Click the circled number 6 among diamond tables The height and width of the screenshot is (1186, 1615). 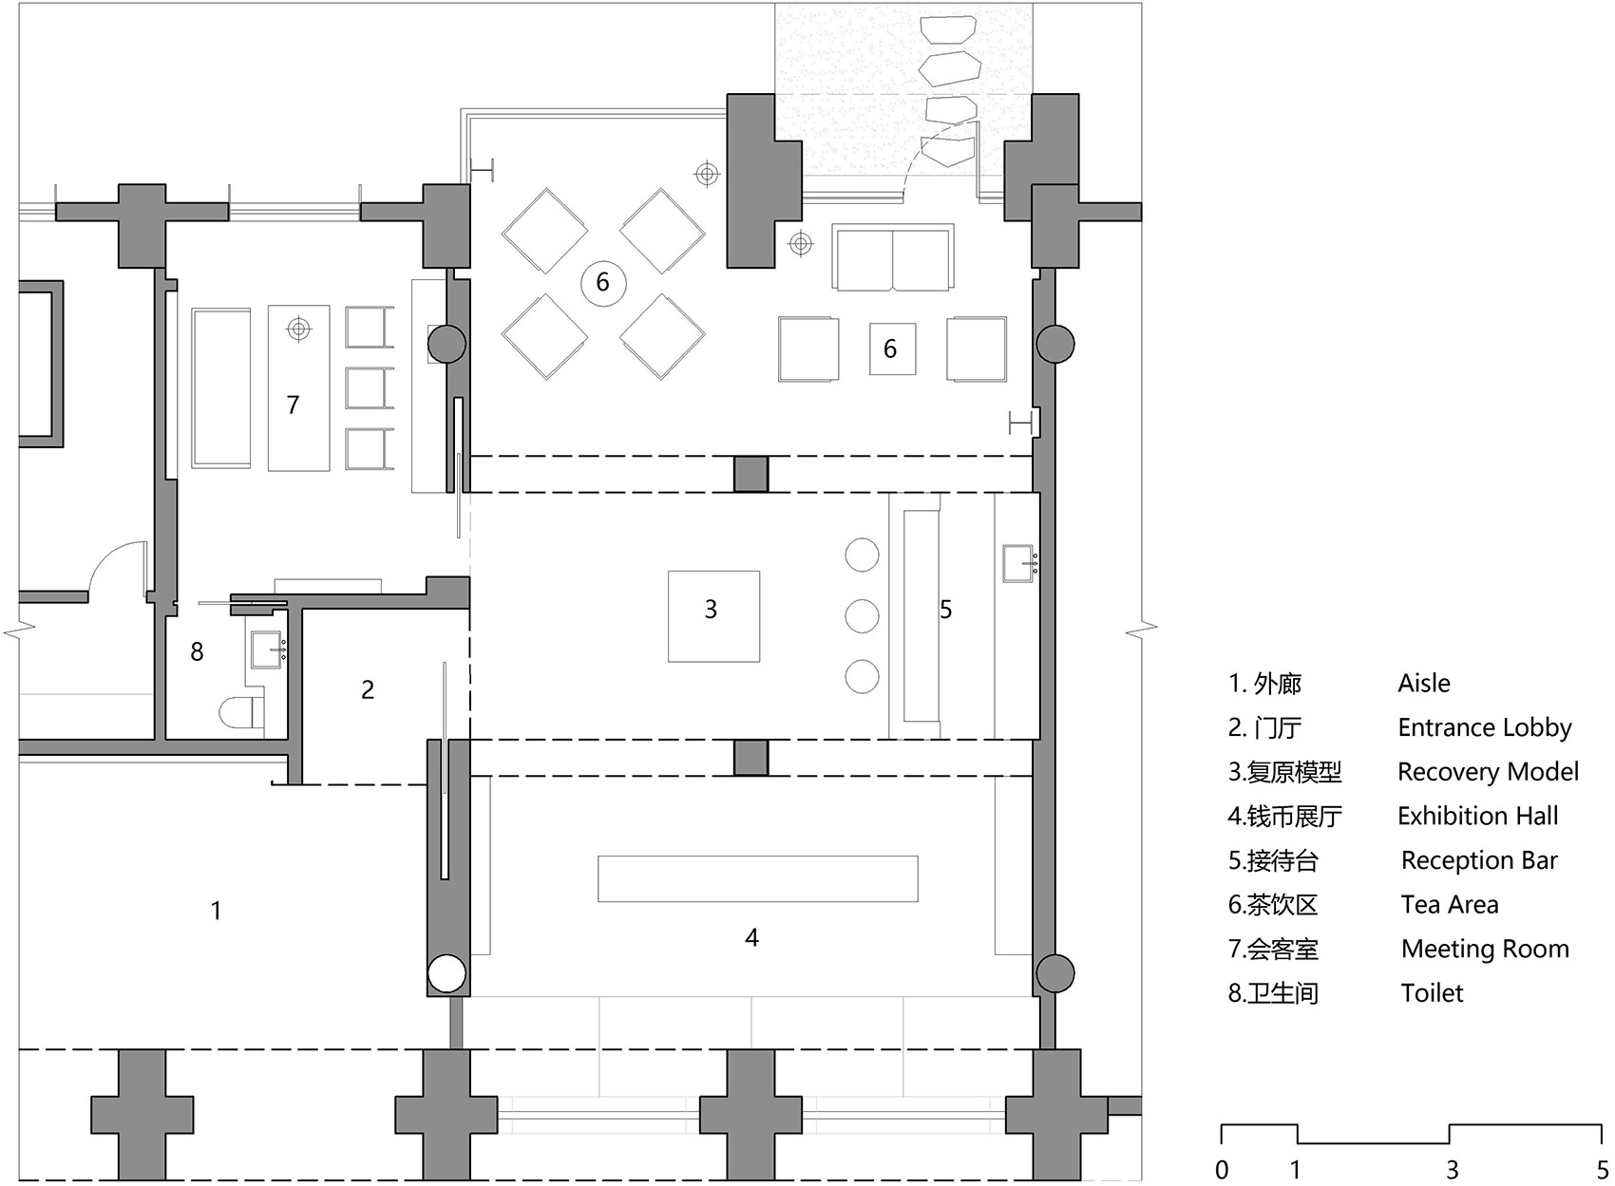[602, 282]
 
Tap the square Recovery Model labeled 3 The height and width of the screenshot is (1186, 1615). [713, 615]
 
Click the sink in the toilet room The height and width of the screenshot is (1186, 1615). [267, 649]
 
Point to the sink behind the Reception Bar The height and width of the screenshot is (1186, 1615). [1017, 563]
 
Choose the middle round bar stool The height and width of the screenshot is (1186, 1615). [862, 615]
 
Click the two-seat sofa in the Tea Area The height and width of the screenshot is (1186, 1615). [892, 257]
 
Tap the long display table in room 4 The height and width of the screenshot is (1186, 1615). [757, 878]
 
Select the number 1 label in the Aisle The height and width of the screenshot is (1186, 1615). [216, 911]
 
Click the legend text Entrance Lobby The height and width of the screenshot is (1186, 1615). [1484, 727]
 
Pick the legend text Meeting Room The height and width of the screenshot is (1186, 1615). [1484, 949]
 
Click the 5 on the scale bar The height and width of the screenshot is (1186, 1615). [1603, 1169]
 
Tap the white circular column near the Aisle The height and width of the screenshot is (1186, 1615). [446, 974]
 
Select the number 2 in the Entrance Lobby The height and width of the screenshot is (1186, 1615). [368, 690]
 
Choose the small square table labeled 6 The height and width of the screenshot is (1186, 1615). [892, 348]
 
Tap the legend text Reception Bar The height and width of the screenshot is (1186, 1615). [1478, 860]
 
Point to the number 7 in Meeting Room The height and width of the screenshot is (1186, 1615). [293, 405]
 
